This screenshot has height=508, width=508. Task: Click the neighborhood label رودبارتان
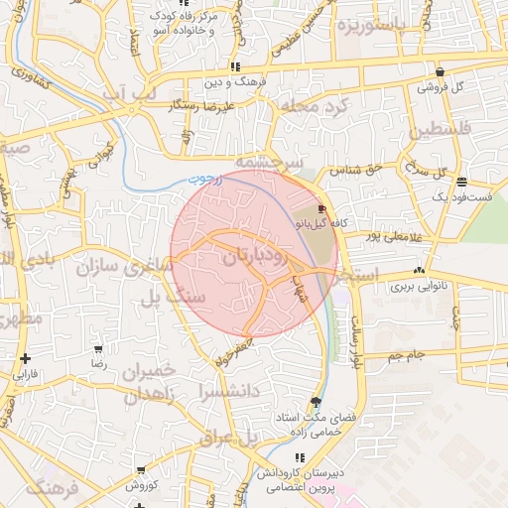click(255, 257)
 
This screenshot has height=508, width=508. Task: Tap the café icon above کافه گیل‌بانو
click(320, 209)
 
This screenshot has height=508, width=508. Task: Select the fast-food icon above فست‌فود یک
click(462, 182)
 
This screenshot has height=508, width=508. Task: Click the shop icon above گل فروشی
click(440, 71)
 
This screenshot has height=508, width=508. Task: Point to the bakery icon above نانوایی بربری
click(420, 270)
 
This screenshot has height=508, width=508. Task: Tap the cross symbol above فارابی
click(25, 359)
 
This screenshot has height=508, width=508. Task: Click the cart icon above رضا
click(98, 349)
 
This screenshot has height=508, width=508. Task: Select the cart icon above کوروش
click(141, 470)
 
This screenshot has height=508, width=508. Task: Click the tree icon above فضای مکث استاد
click(316, 402)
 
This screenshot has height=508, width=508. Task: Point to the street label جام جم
click(406, 353)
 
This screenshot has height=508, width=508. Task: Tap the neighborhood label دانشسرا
click(229, 391)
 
